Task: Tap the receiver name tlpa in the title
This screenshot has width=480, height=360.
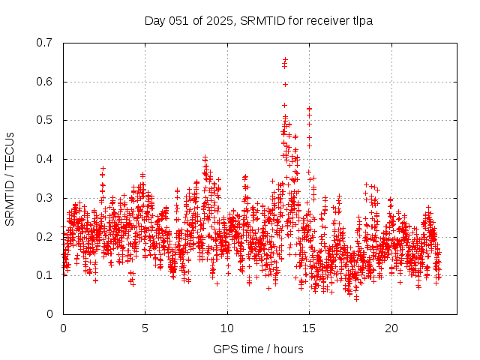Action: (360, 21)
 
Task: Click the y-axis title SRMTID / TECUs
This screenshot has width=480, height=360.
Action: (10, 178)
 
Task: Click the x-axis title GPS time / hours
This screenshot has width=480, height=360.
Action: (258, 349)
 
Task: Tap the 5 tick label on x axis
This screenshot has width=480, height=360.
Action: (145, 328)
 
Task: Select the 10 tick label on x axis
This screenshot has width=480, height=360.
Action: (227, 328)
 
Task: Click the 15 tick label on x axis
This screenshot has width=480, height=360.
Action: (309, 328)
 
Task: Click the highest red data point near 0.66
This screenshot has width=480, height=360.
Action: (285, 59)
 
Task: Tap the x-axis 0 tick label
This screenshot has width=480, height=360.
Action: (63, 328)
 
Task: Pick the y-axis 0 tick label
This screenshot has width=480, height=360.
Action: (52, 314)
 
